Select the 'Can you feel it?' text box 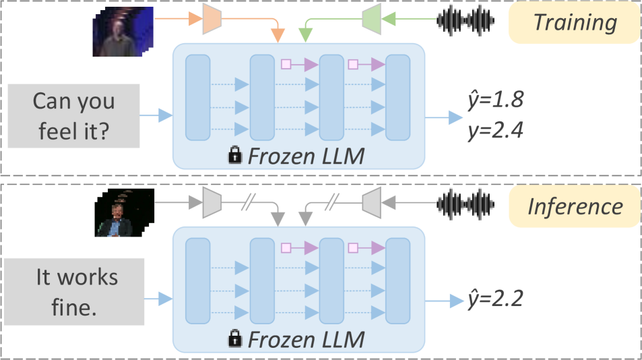pos(73,115)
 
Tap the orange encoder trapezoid pos(212,21)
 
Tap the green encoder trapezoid pos(372,21)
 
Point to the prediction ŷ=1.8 pos(494,101)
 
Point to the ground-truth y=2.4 pos(494,129)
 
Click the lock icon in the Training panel pos(234,156)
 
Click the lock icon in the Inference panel pos(234,339)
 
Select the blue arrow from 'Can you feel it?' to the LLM pos(156,117)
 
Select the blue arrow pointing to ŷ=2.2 pos(444,299)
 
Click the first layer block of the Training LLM pos(197,98)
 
